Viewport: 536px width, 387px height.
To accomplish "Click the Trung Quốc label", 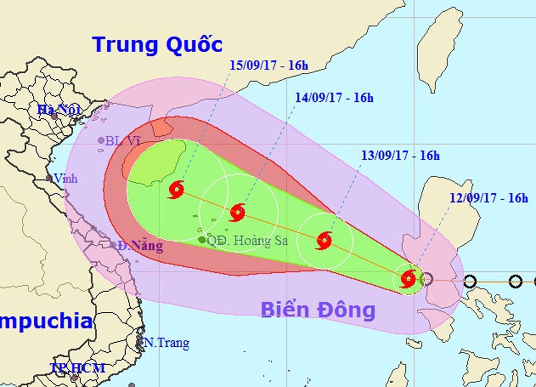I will point(158,44).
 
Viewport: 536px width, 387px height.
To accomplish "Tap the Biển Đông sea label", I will point(318,310).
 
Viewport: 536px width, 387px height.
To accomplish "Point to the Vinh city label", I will point(65,179).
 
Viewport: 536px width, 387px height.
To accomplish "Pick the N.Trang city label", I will point(166,342).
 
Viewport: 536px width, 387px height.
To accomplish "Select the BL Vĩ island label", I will point(122,141).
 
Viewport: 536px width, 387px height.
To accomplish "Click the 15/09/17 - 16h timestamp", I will point(269,65).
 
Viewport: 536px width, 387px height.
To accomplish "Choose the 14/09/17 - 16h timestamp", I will point(334,98).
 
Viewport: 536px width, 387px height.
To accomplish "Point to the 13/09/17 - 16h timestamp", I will point(400,156).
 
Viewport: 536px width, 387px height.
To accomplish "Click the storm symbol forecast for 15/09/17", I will point(176,190).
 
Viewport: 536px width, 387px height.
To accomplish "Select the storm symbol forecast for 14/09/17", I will point(237,212).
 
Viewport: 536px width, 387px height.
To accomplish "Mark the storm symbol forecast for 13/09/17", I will point(324,240).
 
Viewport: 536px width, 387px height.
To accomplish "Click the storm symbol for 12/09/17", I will point(409,278).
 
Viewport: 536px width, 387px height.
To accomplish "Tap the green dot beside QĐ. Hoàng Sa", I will point(202,239).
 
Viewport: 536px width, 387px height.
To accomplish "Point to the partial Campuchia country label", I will point(45,322).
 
